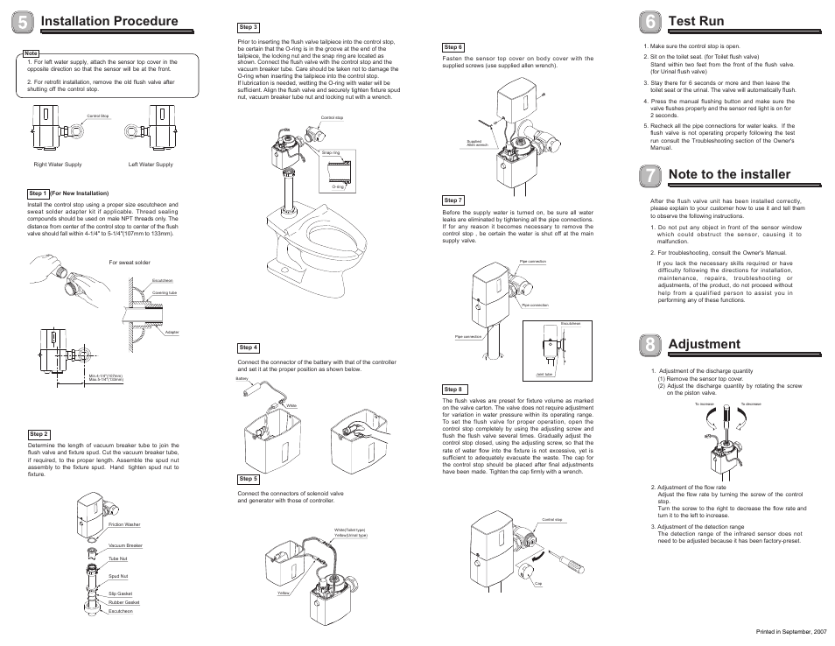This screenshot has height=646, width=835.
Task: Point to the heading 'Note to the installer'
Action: click(728, 175)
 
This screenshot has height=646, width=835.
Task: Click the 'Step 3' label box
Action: click(249, 28)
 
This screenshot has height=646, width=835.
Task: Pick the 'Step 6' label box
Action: click(453, 47)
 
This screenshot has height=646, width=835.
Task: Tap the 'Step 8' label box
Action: click(453, 389)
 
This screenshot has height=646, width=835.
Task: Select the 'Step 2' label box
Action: click(39, 434)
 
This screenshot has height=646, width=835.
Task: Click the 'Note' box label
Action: click(32, 53)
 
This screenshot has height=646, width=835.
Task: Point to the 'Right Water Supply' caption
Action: click(58, 165)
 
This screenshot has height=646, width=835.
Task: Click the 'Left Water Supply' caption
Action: click(151, 165)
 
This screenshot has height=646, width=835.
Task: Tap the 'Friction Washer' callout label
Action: click(124, 525)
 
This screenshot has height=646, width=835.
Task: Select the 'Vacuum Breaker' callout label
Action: click(125, 545)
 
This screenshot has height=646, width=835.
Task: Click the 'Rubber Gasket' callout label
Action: click(124, 602)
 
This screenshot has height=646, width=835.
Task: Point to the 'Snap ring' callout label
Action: click(330, 152)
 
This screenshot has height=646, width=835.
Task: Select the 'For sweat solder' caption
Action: click(130, 262)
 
